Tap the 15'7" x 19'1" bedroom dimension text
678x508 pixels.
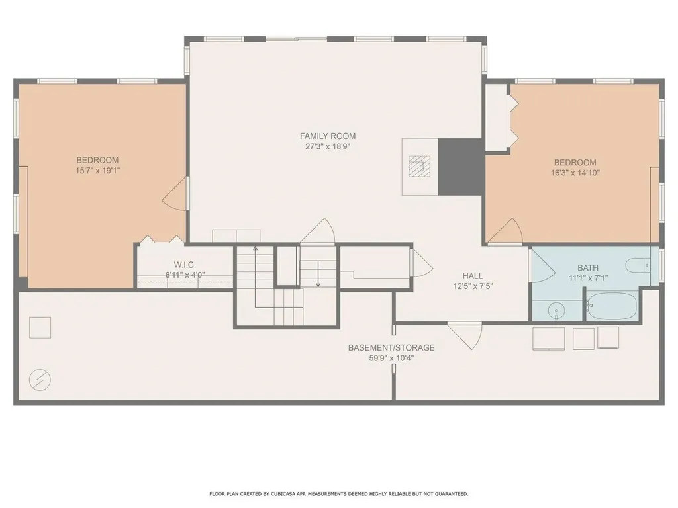[x=97, y=171]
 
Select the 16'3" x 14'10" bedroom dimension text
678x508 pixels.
[x=575, y=173]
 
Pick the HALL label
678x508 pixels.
[x=473, y=276]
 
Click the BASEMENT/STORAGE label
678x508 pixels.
[x=391, y=347]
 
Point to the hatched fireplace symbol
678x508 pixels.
[x=416, y=165]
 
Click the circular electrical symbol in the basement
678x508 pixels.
[x=40, y=379]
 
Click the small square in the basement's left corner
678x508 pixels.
[x=40, y=327]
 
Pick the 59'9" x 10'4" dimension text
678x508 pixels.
[x=391, y=359]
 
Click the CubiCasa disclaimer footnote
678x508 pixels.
[x=338, y=494]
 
